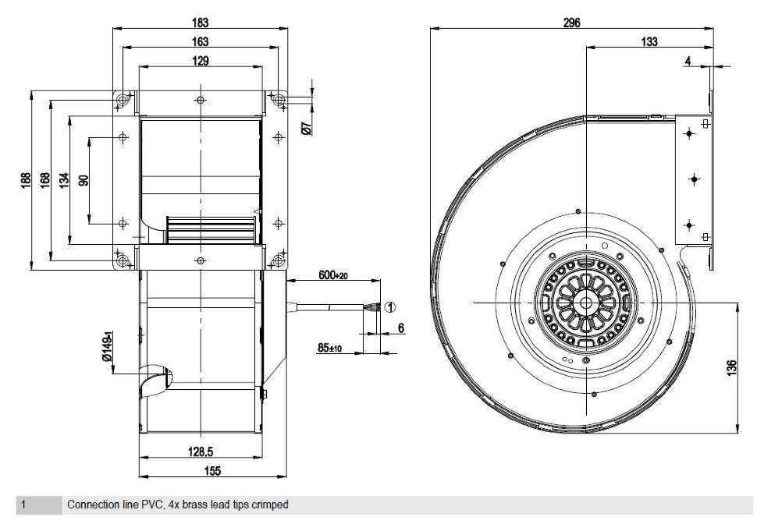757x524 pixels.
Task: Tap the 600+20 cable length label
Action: point(333,275)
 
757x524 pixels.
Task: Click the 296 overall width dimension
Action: point(571,23)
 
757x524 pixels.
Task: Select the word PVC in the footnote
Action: point(151,505)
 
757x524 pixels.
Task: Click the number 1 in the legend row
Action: point(23,505)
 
